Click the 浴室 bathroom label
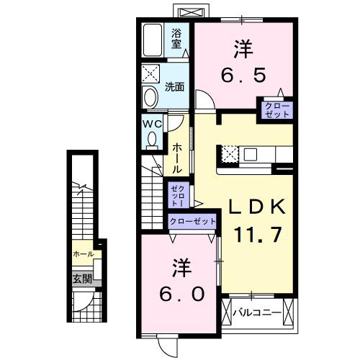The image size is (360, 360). point(177,37)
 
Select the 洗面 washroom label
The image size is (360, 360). point(174,86)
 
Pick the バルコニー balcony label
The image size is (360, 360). point(257,312)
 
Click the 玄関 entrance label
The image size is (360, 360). point(81,279)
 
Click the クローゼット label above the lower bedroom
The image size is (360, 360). point(192,222)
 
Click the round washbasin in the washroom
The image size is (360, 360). point(150,96)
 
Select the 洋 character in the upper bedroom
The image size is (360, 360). point(242,48)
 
